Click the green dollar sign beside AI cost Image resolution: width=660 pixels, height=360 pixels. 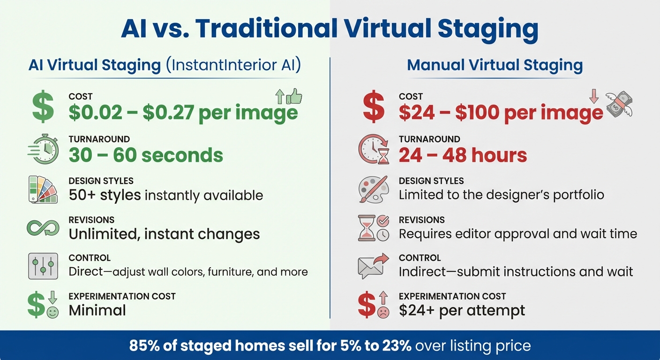[x=42, y=107]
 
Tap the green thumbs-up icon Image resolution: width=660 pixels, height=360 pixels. [x=294, y=97]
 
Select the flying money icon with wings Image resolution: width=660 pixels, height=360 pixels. [x=619, y=104]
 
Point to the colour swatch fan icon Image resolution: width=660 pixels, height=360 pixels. [x=43, y=189]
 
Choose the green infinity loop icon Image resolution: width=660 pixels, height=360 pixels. [x=43, y=228]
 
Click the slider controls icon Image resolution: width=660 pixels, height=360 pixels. [x=43, y=266]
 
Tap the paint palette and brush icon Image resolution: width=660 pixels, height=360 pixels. [x=373, y=189]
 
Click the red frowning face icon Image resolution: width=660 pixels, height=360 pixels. [x=383, y=313]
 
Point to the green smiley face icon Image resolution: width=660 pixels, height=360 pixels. [x=52, y=313]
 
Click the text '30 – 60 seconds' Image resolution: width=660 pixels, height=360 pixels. [x=146, y=155]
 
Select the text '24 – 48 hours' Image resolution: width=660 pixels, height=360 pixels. [x=463, y=155]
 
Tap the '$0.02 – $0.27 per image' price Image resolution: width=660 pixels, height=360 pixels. [x=183, y=113]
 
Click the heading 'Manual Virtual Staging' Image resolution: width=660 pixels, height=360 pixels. [x=495, y=65]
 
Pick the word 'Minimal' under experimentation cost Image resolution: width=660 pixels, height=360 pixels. [x=97, y=310]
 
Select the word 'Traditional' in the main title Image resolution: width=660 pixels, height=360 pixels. [x=267, y=29]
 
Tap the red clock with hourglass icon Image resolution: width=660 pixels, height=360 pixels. [x=374, y=150]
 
